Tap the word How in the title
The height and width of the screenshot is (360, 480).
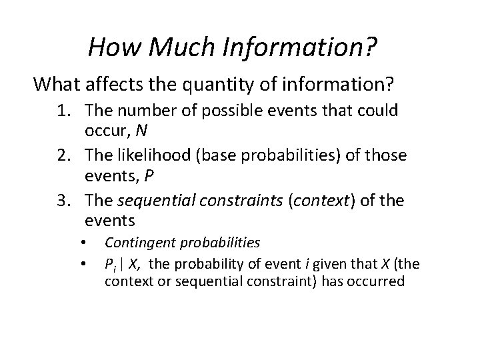[111, 47]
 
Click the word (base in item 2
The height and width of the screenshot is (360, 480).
[225, 156]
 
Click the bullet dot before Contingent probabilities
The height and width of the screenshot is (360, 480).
[83, 242]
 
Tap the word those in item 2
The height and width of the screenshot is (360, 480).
[388, 156]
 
